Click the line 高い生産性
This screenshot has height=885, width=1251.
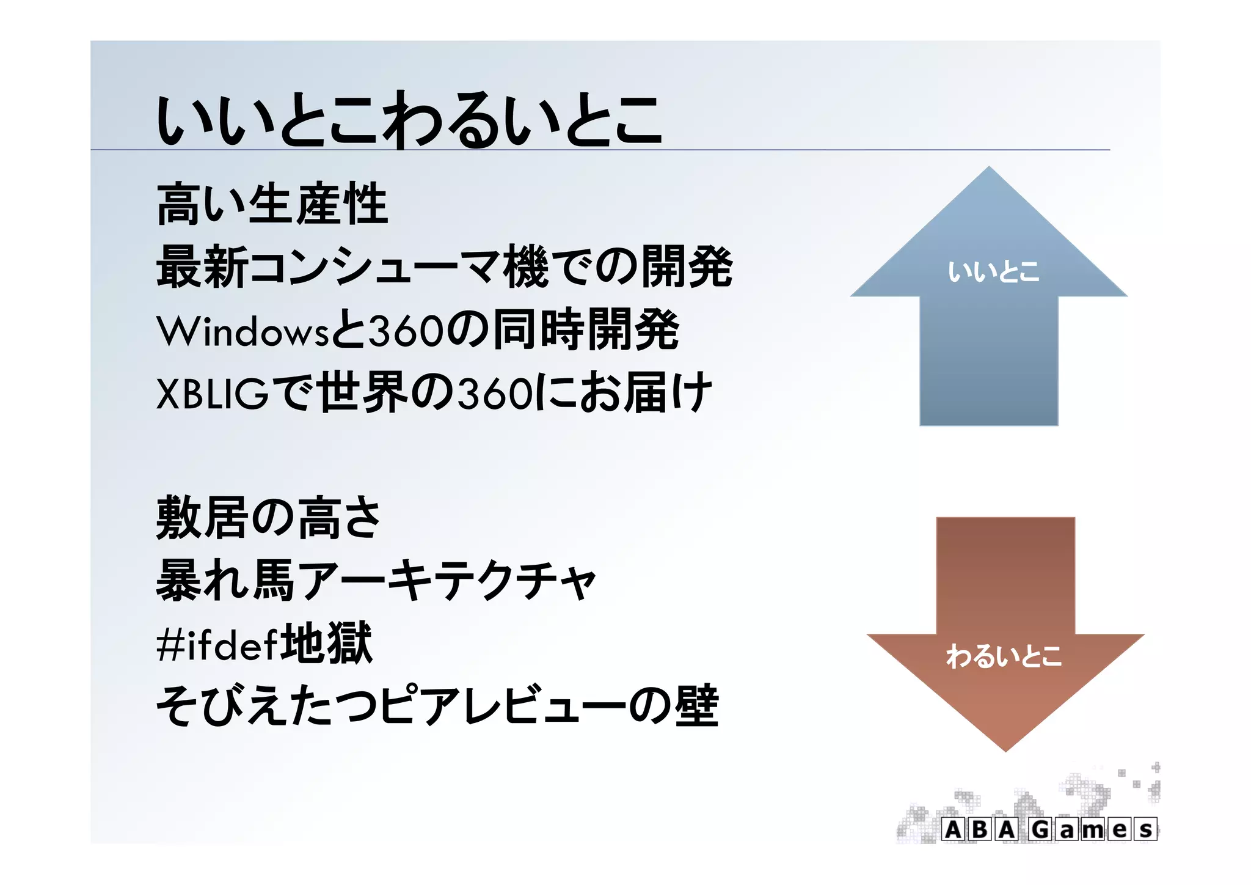272,204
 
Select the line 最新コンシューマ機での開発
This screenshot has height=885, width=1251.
444,266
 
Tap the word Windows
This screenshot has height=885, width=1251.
243,331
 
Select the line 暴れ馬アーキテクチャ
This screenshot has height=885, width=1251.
376,581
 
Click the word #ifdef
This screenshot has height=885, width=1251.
217,644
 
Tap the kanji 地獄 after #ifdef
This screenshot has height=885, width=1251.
326,643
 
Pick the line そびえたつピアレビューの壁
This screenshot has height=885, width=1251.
437,706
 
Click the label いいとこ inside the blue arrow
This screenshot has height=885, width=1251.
993,272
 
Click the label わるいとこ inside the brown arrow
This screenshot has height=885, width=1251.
1004,656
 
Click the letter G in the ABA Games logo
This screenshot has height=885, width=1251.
1041,829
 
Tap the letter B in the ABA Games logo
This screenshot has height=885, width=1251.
979,829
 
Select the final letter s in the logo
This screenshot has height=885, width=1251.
1146,829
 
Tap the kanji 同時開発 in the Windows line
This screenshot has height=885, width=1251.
586,330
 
